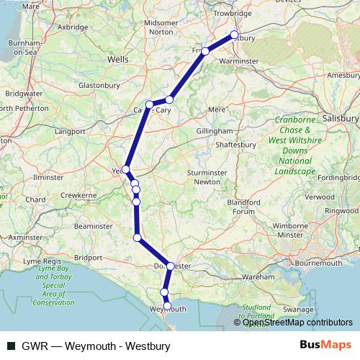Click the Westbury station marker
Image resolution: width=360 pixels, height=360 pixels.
click(234, 35)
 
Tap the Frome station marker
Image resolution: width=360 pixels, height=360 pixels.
click(205, 51)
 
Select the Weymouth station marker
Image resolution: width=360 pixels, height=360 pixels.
click(167, 306)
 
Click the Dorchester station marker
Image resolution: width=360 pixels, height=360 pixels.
click(170, 266)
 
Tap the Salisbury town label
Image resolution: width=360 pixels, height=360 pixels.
click(341, 117)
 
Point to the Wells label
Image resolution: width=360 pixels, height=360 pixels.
click(117, 60)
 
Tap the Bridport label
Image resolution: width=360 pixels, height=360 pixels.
click(89, 256)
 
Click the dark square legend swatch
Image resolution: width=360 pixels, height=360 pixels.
click(10, 345)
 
